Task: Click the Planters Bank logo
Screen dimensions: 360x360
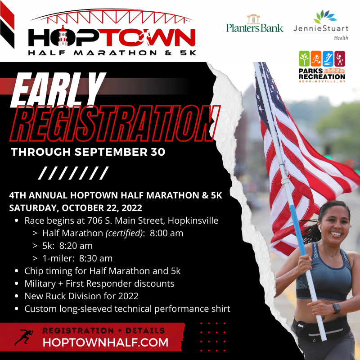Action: point(255,24)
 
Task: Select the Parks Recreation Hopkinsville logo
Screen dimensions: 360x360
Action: point(322,66)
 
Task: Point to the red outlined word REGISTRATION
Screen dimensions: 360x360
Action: point(111,121)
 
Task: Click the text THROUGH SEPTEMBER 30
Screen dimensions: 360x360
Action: point(88,152)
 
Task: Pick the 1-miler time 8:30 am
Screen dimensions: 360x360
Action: point(96,259)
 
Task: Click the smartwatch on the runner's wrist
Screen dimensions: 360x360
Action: point(337,309)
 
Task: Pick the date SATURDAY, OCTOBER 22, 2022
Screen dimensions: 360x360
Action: point(76,208)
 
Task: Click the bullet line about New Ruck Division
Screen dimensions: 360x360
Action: point(81,297)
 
